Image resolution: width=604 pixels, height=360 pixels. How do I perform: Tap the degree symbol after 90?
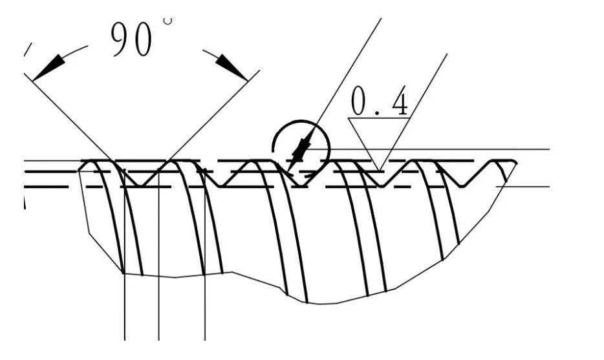[168, 21]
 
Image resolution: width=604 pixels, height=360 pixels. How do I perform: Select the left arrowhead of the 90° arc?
[52, 65]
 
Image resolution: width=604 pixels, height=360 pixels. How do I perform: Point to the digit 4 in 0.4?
[400, 101]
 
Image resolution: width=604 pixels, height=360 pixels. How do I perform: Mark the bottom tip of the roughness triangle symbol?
[379, 171]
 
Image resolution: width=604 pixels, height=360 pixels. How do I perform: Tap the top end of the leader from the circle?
[380, 19]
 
